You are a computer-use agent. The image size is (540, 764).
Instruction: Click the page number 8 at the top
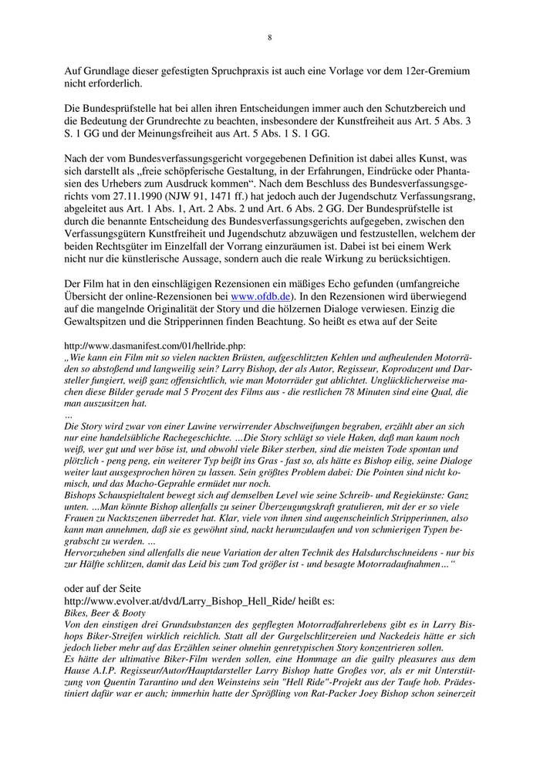[x=270, y=36]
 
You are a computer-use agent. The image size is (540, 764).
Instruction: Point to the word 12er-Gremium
[x=435, y=71]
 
